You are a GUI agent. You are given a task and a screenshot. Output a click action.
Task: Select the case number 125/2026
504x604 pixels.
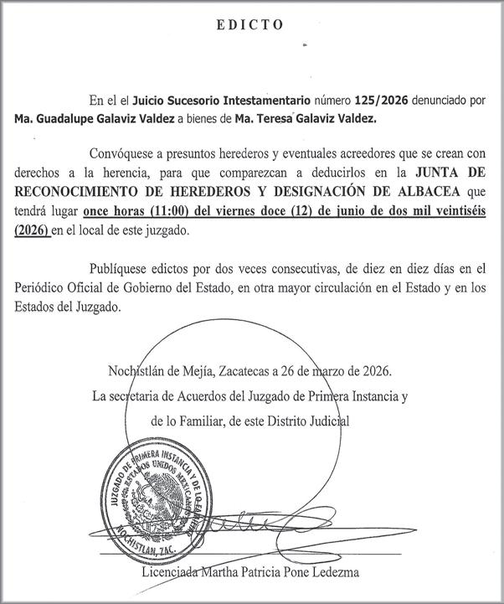point(380,100)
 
